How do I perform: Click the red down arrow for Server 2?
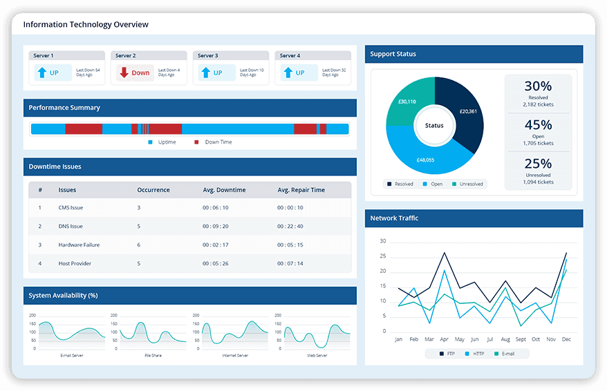tap(124, 73)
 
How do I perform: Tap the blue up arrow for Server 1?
tap(41, 73)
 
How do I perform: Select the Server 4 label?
tap(290, 55)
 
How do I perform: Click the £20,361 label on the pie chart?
tap(468, 111)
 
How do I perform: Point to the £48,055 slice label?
tap(425, 160)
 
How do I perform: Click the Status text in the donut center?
tap(434, 126)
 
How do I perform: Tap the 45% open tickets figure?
tap(538, 125)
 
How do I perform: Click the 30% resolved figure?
tap(538, 86)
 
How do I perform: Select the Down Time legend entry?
tap(214, 142)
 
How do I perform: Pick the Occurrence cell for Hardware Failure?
tap(139, 245)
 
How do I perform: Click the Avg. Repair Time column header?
tap(301, 190)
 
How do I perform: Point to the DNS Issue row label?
tap(71, 226)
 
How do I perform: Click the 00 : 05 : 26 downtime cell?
tap(215, 263)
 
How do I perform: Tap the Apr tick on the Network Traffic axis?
tap(443, 340)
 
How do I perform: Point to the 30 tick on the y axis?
tap(383, 241)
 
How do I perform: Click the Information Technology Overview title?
tap(86, 24)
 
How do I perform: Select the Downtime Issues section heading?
tap(55, 166)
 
